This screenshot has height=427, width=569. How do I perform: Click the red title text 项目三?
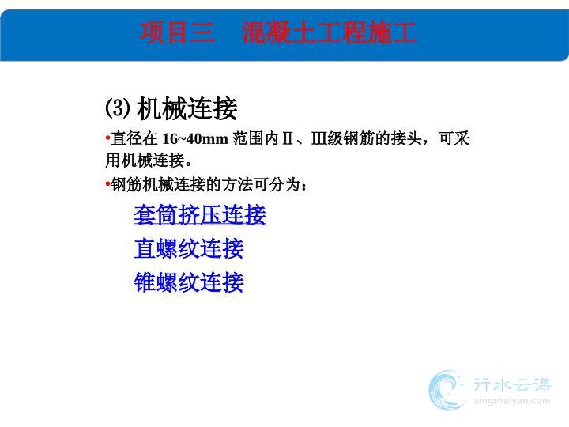[177, 32]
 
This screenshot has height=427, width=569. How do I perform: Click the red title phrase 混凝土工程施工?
[329, 32]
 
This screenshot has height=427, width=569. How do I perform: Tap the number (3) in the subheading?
[117, 108]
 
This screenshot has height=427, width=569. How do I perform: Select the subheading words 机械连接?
[187, 108]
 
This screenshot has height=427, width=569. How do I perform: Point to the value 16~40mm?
[195, 138]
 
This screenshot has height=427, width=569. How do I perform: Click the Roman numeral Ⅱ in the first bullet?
[288, 138]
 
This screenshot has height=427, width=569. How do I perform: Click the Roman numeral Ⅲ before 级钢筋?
[319, 138]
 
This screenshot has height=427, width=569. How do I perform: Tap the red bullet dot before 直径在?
[107, 138]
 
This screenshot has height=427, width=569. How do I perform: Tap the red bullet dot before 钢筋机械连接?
[107, 184]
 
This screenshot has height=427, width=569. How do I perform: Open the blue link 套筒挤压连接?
[200, 214]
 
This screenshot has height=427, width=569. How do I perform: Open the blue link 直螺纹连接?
[189, 248]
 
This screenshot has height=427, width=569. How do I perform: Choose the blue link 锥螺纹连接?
[189, 282]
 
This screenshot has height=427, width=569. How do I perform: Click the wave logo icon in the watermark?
[447, 390]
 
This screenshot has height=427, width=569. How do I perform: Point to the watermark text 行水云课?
[512, 385]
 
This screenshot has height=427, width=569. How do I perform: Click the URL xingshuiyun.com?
[512, 401]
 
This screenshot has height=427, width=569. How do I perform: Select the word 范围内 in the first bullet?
[256, 138]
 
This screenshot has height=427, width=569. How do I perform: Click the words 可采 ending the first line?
[454, 138]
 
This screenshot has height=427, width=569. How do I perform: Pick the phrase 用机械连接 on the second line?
[145, 161]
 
